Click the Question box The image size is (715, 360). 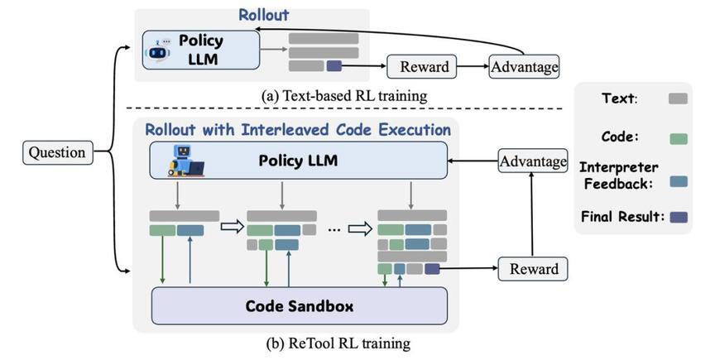58,152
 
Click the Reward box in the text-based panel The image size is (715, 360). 421,66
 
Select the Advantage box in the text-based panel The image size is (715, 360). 524,66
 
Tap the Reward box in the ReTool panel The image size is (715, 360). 533,268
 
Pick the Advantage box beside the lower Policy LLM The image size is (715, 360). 533,161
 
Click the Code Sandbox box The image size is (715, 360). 299,305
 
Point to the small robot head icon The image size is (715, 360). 158,50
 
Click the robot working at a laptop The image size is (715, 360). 185,161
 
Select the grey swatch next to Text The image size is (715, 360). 678,98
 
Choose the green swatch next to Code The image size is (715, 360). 679,139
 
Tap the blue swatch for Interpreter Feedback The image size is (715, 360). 679,181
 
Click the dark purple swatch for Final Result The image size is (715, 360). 679,217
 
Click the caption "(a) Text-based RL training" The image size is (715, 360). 344,96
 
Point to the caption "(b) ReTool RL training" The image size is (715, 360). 338,343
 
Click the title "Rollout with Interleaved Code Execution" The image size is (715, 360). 298,130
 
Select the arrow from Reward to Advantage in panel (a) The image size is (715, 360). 473,66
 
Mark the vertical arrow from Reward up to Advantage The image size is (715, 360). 532,215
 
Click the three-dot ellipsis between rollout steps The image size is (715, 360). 334,230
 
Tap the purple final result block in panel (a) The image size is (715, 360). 334,66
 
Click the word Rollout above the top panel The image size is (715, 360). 264,15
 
